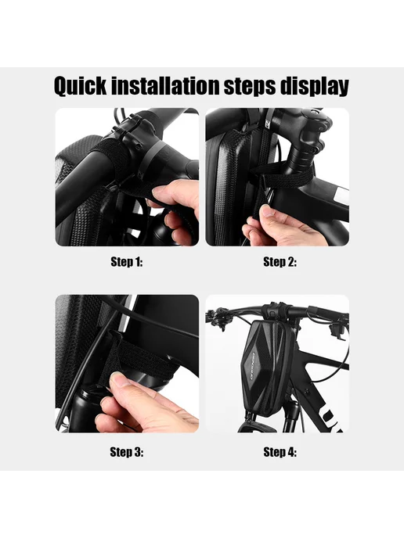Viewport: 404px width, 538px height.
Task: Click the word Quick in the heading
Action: click(x=81, y=86)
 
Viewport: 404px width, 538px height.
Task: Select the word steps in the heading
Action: click(x=250, y=87)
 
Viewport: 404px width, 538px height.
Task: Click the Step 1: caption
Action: click(x=127, y=262)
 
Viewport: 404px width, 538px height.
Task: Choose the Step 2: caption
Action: click(x=280, y=262)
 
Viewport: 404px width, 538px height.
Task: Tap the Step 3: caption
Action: click(x=127, y=452)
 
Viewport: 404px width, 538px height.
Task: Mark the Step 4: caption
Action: click(x=280, y=452)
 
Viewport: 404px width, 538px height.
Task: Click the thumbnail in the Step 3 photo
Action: click(x=117, y=381)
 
